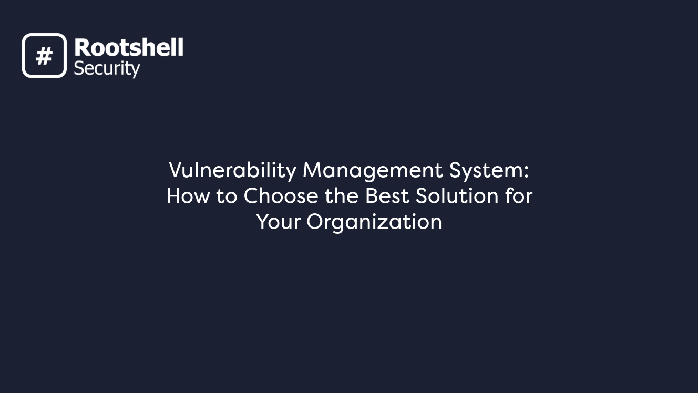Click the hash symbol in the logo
tap(44, 56)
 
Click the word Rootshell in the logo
tap(128, 48)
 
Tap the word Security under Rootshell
tap(107, 68)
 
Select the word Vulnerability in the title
tap(232, 170)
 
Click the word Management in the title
tap(373, 170)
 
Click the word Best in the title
tap(388, 196)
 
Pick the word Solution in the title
tap(457, 196)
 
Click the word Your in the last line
tap(278, 222)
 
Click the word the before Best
tap(342, 196)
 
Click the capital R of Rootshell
tap(81, 48)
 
